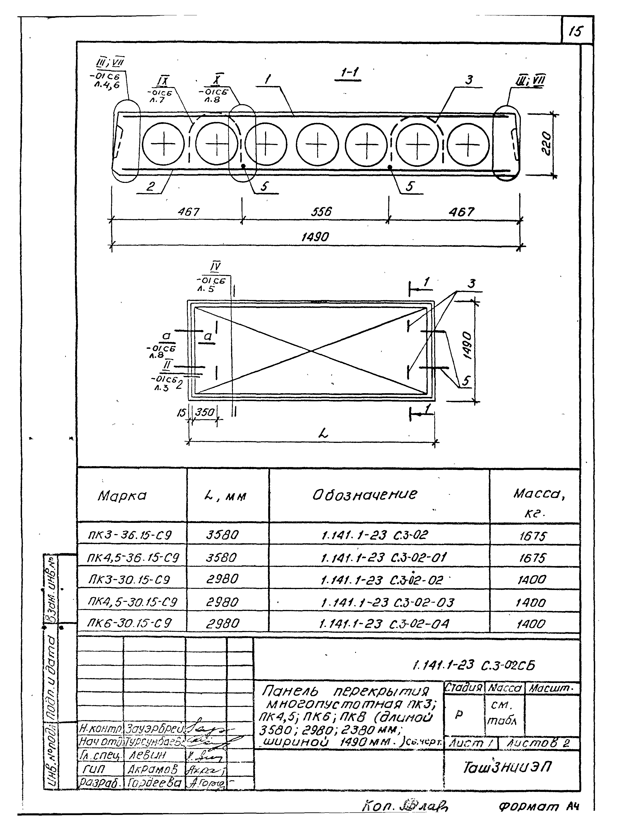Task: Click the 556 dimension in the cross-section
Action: pos(321,212)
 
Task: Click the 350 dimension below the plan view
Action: pos(205,412)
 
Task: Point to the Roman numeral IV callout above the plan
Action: pos(215,267)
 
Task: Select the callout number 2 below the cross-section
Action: pos(150,186)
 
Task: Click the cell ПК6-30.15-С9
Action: pos(129,623)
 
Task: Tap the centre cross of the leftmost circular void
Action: pos(163,144)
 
